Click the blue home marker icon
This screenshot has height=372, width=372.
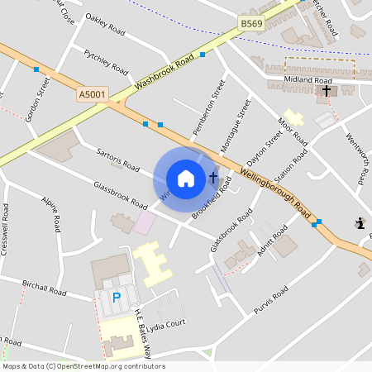(186, 178)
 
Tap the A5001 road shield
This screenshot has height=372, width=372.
(93, 95)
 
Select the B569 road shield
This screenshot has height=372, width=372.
(251, 25)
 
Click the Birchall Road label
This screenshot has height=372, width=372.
(45, 286)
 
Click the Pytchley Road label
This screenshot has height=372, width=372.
(107, 61)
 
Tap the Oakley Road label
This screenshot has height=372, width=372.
(105, 27)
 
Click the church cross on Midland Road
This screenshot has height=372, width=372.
(327, 90)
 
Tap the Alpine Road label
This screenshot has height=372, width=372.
(50, 212)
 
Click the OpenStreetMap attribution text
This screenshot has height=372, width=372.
(83, 366)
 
